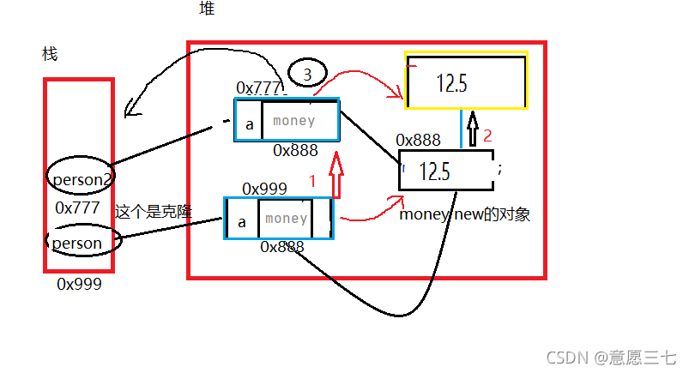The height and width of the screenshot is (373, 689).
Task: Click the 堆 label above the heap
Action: click(207, 9)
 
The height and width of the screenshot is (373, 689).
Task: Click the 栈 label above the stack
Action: click(50, 54)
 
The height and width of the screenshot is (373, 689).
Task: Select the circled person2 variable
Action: click(81, 175)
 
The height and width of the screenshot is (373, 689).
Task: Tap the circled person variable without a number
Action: click(83, 240)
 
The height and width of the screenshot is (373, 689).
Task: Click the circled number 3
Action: click(307, 73)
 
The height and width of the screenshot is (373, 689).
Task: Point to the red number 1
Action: click(312, 181)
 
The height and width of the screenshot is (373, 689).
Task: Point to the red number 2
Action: click(487, 135)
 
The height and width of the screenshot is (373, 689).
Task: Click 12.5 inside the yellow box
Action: click(451, 83)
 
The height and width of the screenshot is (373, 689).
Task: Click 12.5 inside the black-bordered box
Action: click(434, 171)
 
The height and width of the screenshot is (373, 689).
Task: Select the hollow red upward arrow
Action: click(336, 175)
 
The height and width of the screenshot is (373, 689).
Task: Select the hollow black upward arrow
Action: click(473, 129)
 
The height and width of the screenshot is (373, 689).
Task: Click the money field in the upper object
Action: click(294, 121)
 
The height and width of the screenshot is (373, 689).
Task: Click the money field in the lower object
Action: click(286, 219)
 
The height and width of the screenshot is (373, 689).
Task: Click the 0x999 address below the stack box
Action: click(79, 285)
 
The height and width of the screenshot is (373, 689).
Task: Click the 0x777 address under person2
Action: click(78, 208)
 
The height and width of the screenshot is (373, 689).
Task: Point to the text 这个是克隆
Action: click(154, 212)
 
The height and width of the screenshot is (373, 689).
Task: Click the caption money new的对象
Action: click(465, 214)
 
